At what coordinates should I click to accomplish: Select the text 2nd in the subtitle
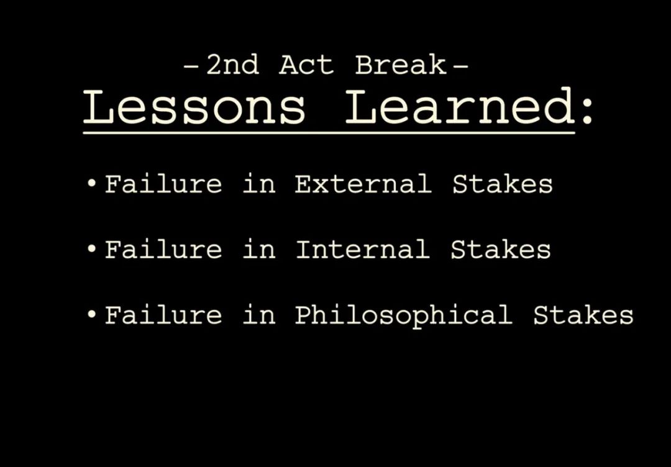[x=233, y=65]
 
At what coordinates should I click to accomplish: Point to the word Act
[x=306, y=65]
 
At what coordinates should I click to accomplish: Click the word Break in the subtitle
[x=401, y=65]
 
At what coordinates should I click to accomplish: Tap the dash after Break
[x=460, y=66]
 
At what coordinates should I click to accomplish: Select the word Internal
[x=362, y=249]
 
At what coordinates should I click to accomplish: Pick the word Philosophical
[x=404, y=315]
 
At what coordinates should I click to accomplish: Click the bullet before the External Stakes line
[x=91, y=184]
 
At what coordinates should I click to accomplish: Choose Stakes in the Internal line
[x=501, y=249]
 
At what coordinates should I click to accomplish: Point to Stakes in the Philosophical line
[x=583, y=315]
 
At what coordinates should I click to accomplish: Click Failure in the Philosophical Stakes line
[x=163, y=315]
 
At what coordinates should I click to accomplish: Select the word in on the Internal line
[x=259, y=249]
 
